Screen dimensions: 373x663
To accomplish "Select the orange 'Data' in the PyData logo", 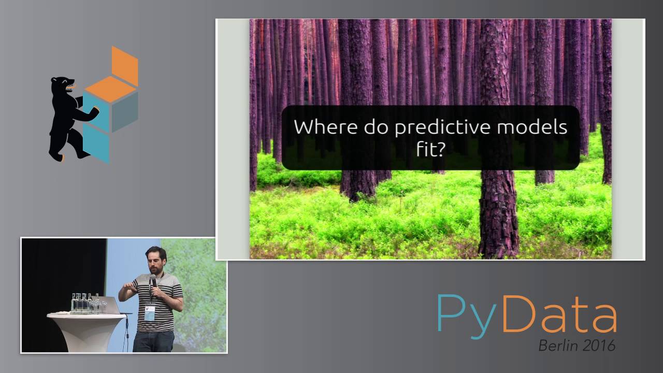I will click(559, 313).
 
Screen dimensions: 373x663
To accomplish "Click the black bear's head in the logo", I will click(63, 85).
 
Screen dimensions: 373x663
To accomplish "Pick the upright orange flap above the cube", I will click(125, 65).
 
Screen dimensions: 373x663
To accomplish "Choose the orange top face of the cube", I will click(110, 89).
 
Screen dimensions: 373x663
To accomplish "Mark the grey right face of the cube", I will click(125, 112).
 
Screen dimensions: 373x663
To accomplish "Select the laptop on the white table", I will click(112, 305).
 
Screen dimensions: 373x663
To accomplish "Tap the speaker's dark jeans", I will click(153, 341).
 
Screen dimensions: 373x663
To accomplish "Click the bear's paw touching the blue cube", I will click(94, 110).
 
